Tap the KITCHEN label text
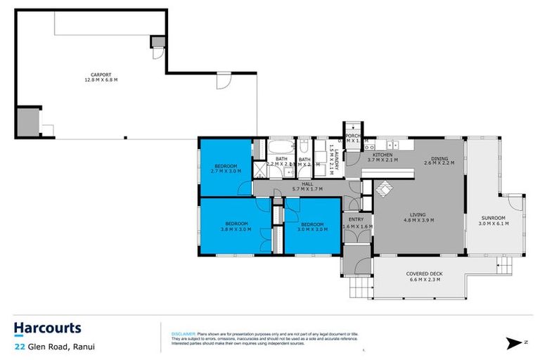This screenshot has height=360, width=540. pyautogui.click(x=382, y=155)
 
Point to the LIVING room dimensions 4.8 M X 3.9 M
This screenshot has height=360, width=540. pyautogui.click(x=418, y=220)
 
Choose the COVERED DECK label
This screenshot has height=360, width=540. pyautogui.click(x=423, y=274)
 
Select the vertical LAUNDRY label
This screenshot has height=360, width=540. pyautogui.click(x=337, y=160)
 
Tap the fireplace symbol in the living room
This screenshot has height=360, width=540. pyautogui.click(x=383, y=188)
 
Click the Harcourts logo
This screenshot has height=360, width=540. pyautogui.click(x=47, y=328)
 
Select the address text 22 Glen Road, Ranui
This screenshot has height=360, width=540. pyautogui.click(x=55, y=346)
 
